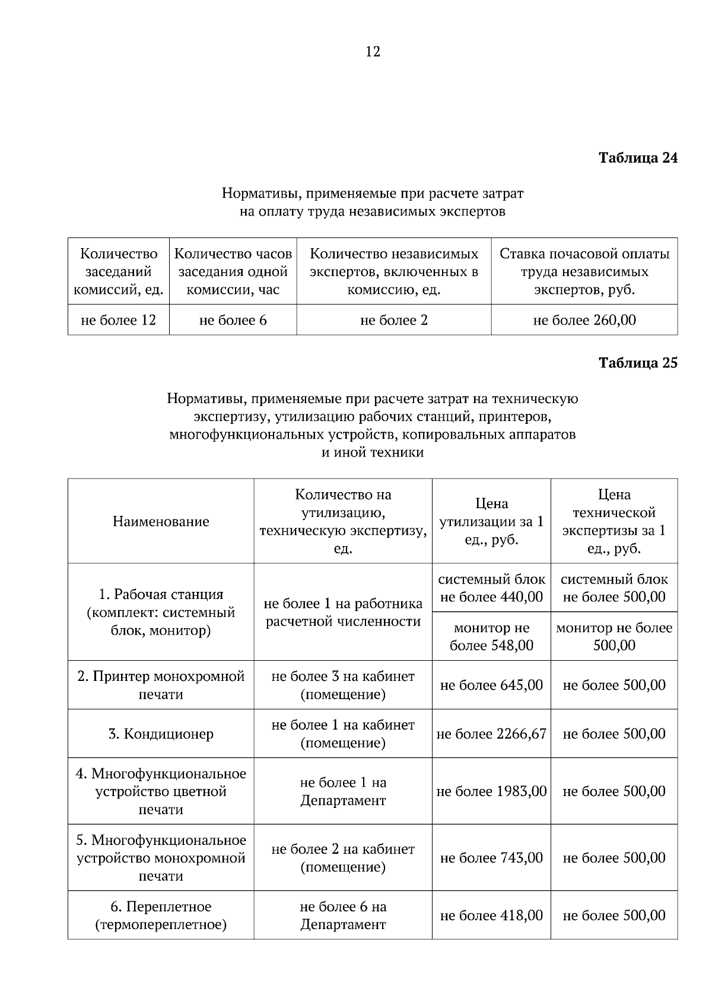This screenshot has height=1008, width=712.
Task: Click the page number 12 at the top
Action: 373,52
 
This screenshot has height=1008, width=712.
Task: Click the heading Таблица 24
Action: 637,158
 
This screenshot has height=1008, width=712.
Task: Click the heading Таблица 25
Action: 637,363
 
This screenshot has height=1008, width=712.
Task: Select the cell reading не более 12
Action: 119,320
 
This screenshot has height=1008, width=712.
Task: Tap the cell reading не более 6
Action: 233,320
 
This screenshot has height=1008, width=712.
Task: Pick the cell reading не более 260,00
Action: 584,320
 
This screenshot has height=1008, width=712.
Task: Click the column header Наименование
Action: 161,521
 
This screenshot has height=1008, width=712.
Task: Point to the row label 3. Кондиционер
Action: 161,734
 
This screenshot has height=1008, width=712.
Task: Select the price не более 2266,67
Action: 491,734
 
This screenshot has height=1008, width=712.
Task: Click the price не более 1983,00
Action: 491,791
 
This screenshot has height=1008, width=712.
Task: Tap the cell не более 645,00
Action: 491,685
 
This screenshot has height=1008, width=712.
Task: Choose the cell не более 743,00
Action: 491,858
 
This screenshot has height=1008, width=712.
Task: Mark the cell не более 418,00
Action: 491,915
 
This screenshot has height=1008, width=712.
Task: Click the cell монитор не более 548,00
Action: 491,636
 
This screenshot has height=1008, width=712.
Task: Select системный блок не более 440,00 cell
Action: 491,588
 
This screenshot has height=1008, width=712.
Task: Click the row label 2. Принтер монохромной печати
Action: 161,685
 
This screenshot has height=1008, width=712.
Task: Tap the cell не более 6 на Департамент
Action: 343,915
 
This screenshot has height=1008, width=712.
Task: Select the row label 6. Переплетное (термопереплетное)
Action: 161,915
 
